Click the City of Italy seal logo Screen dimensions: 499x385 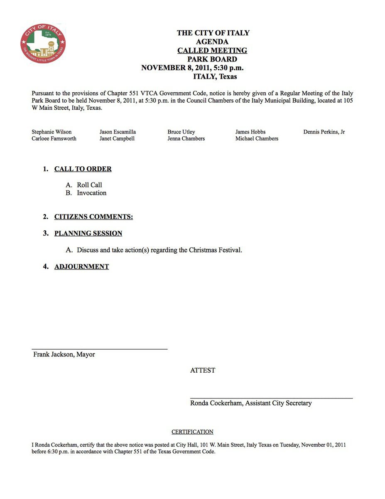(43, 44)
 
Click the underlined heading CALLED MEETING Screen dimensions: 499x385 (212, 50)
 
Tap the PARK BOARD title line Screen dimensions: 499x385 (212, 59)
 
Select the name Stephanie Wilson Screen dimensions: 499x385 (51, 132)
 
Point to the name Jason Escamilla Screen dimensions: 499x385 (118, 132)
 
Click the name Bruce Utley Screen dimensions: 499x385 (181, 132)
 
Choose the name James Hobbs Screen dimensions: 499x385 (250, 132)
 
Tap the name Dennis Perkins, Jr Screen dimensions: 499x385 (324, 132)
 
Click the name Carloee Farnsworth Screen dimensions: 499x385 (54, 138)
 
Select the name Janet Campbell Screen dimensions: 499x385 (117, 138)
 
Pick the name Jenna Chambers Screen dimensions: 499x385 (186, 138)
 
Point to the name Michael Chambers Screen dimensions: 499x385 (257, 138)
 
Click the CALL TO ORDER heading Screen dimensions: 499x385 (83, 169)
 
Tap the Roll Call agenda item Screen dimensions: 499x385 (89, 185)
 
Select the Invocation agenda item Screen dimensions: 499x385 (91, 193)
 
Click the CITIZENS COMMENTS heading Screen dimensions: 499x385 (93, 217)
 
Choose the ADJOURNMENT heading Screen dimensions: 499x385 (81, 267)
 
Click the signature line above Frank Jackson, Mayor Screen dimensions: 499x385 (100, 349)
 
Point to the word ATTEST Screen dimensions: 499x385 (203, 370)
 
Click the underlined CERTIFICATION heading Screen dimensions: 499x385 (192, 432)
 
